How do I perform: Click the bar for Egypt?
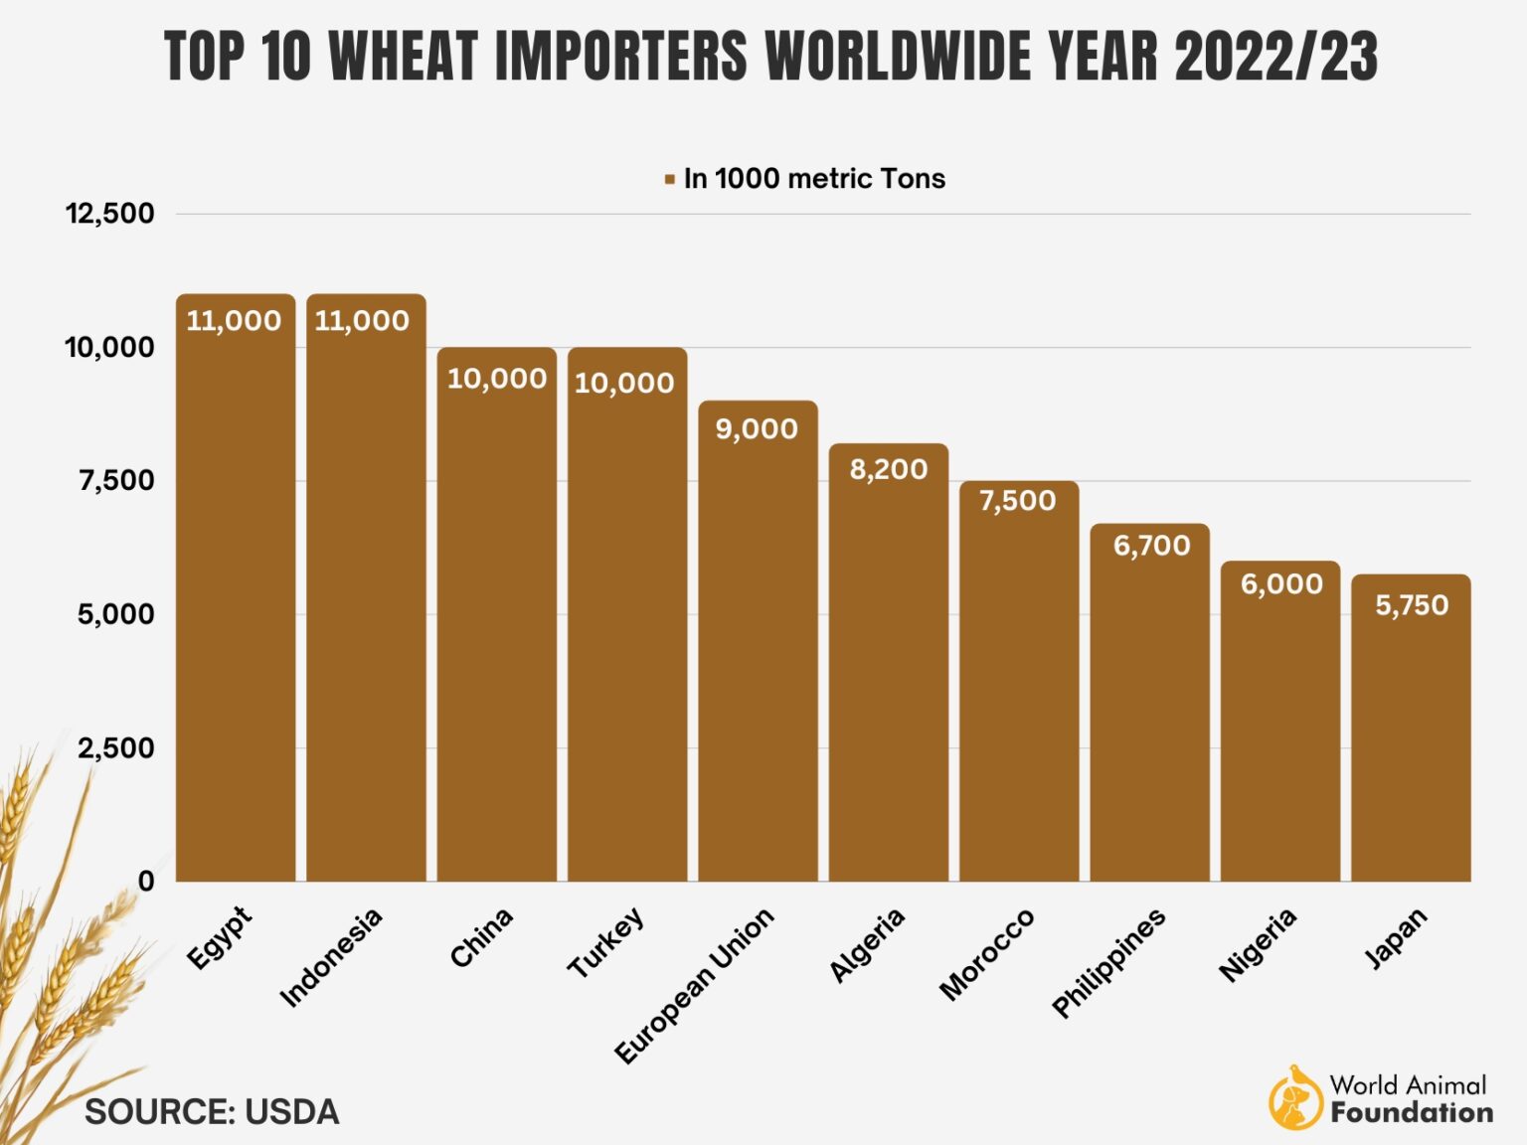point(236,596)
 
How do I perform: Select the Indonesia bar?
point(366,596)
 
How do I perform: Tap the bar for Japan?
point(1411,736)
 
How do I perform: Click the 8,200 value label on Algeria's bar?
point(888,469)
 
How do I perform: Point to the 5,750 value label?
point(1411,605)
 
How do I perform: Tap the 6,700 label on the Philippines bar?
point(1150,546)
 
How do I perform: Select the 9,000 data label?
point(757,429)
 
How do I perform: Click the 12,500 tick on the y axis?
point(110,214)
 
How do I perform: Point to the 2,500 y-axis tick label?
point(116,748)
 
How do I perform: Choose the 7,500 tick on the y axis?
point(116,481)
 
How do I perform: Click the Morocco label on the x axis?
point(986,953)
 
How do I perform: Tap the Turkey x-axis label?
point(605,942)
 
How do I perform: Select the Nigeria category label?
point(1258,944)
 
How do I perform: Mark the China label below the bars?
point(481,937)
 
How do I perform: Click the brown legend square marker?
point(670,180)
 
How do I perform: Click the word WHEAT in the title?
point(404,56)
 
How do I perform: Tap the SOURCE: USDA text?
point(212,1112)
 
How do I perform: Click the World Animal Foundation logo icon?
point(1293,1098)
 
